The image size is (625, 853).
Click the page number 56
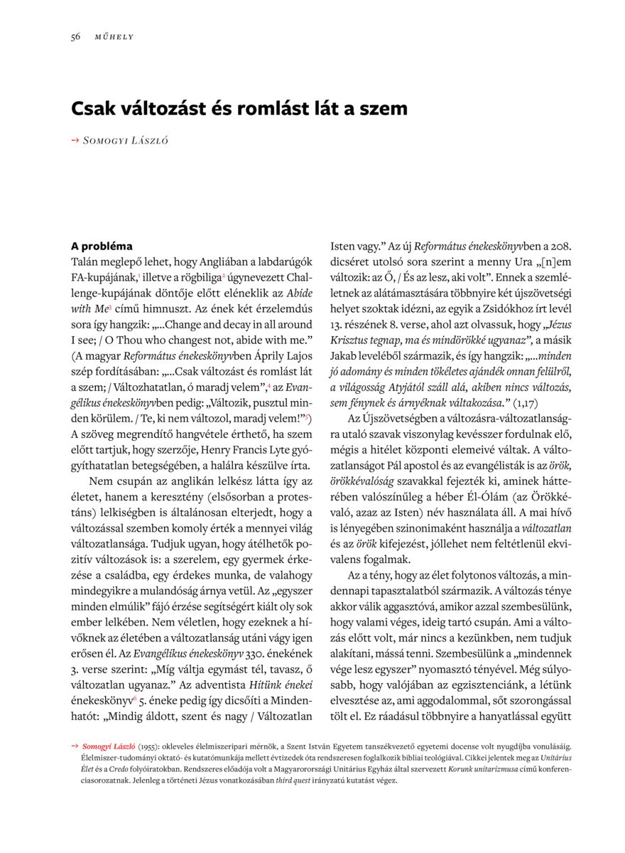[75, 37]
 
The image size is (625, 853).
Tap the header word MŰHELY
[114, 37]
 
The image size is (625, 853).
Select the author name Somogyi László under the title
[126, 141]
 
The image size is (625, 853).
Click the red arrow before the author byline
[75, 141]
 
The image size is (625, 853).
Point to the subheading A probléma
[102, 247]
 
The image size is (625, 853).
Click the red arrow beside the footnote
[75, 746]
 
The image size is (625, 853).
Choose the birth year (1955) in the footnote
[148, 747]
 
